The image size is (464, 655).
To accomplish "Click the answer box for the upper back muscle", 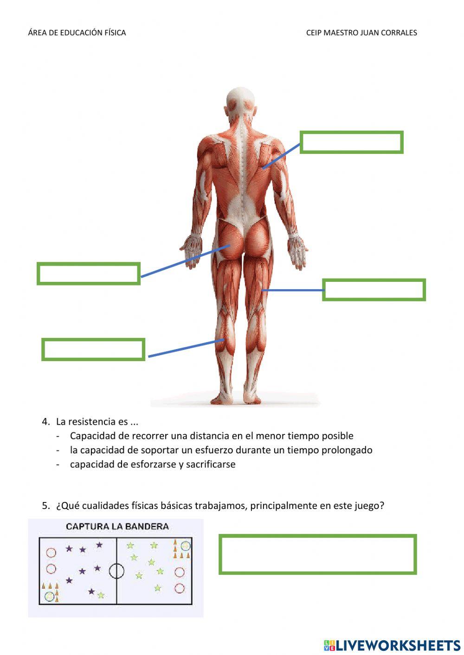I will coord(351,142).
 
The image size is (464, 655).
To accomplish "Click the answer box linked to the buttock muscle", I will coord(89,273).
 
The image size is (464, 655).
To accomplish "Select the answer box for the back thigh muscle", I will coord(374,290).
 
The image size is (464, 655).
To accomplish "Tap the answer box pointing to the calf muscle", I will coord(93,350).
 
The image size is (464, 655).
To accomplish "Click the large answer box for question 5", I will coord(317,554).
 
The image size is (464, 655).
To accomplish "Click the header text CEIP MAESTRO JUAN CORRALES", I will coord(361,33).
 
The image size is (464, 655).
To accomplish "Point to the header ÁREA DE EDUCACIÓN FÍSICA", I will coord(77,33).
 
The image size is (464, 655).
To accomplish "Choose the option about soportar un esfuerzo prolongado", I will coord(221,450).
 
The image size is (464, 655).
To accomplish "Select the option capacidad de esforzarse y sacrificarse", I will coord(153,464).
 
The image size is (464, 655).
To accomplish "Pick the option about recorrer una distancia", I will coord(212,436).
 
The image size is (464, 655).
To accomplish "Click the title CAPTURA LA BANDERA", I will coord(117,527).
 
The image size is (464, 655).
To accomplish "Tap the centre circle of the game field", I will coord(116,571).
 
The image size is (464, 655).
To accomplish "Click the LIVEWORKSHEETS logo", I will coord(392,645).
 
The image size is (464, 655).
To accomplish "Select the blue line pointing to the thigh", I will coord(292,290).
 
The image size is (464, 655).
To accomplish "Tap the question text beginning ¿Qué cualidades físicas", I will coord(220,506).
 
